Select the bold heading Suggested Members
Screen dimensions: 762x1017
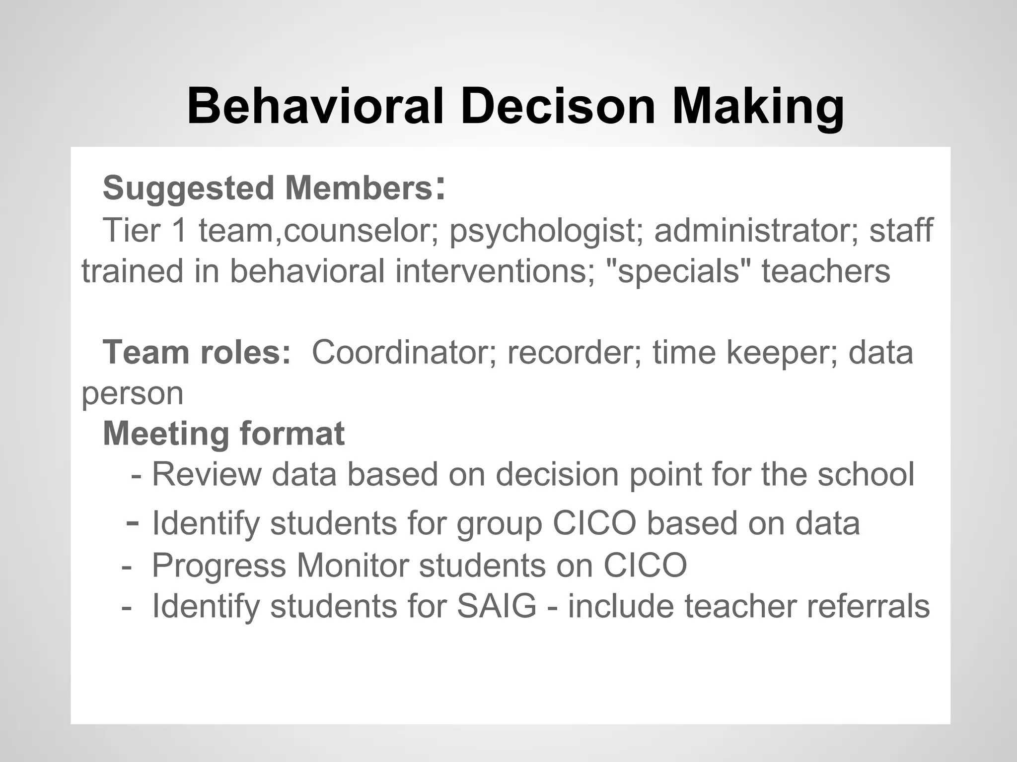coord(268,189)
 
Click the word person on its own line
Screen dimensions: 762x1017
coord(133,394)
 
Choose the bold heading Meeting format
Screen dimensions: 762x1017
coord(223,434)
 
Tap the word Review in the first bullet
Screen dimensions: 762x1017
coord(206,474)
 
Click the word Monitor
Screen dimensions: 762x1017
coord(352,565)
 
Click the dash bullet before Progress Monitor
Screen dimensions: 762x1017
coord(127,566)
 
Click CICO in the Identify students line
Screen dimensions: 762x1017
coord(594,523)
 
